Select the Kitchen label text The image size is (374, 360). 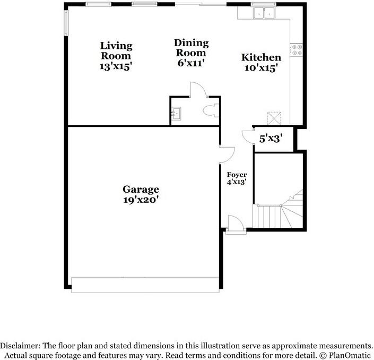pos(261,57)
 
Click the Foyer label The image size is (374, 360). pos(237,174)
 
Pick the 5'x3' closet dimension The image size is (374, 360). pos(270,139)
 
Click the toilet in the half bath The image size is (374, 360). pos(210,112)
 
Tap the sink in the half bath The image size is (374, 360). pos(177,113)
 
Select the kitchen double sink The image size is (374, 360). pos(264,12)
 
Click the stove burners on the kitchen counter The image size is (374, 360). pos(297,50)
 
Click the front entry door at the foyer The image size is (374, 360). pos(236,224)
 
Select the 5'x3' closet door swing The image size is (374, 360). pos(247,136)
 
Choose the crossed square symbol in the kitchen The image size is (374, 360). pos(274,117)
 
